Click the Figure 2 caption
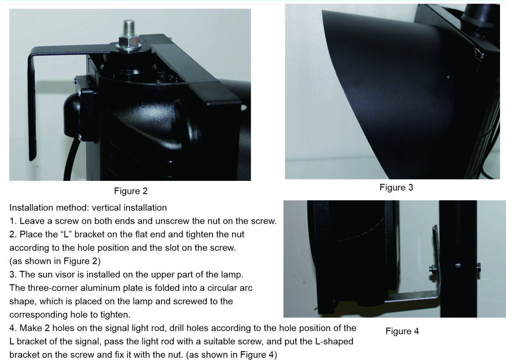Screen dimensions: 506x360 pos(131,191)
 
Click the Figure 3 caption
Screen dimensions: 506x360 pos(396,187)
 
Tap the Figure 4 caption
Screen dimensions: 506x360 pos(402,331)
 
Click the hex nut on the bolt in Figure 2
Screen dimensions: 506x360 pos(129,42)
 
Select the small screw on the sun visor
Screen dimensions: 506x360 pos(448,76)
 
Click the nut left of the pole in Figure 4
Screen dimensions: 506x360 pos(433,268)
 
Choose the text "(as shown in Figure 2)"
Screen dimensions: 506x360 pos(55,261)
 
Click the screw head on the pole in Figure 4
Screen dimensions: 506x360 pos(458,265)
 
